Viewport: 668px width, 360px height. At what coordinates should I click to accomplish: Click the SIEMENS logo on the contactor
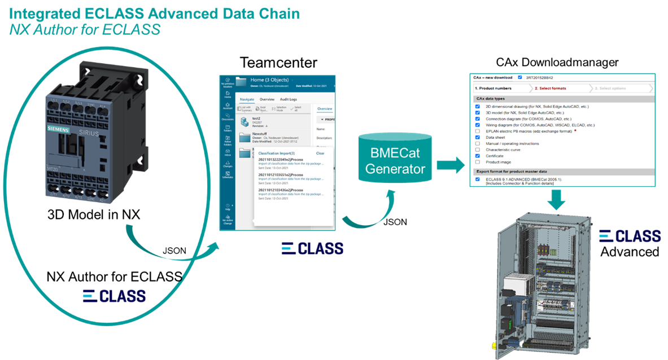pos(56,130)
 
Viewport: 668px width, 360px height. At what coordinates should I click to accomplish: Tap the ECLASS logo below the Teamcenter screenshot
pos(312,248)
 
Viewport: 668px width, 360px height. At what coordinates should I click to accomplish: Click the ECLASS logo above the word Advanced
pos(629,235)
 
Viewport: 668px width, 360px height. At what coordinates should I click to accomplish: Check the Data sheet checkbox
pos(478,137)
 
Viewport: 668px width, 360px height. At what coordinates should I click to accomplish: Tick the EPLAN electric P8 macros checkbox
pos(478,131)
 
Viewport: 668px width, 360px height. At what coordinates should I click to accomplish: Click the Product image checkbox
pos(478,162)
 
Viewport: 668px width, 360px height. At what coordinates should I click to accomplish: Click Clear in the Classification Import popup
pos(320,153)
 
